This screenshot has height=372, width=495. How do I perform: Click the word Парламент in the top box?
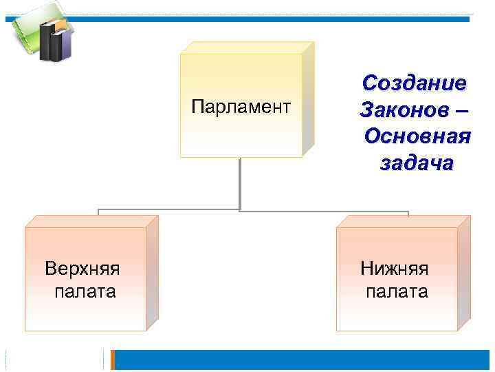[241, 106]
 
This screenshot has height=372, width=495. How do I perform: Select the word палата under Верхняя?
[85, 291]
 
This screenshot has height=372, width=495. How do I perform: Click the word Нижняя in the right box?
[395, 268]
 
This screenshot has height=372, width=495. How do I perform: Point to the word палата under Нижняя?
[396, 291]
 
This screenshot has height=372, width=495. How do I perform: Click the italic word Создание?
[415, 83]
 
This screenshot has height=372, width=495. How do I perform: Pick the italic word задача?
[416, 163]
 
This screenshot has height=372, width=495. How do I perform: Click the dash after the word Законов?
[461, 110]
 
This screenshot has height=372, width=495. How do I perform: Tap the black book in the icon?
[49, 42]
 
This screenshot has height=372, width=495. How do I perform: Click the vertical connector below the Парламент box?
[240, 183]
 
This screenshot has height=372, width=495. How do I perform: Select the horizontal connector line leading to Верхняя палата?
[168, 209]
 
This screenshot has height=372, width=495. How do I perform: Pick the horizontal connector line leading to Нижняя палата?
[323, 211]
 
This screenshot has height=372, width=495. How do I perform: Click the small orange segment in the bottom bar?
[115, 360]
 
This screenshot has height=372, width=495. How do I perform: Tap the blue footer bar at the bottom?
[302, 360]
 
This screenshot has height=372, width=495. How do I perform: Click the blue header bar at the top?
[275, 19]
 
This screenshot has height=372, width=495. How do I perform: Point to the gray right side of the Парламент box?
[307, 100]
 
